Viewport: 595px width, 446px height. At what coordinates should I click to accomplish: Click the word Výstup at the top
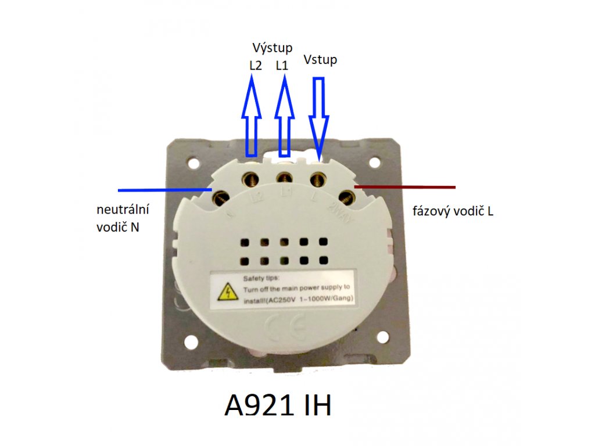coord(273,47)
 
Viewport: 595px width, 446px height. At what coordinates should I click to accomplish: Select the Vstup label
coord(320,60)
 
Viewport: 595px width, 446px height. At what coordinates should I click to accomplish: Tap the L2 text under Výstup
coord(255,66)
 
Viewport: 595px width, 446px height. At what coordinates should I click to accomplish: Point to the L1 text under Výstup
coord(282,66)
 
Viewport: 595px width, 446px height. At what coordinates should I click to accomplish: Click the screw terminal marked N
coord(221,198)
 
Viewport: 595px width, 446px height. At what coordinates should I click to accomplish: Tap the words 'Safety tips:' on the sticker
coord(257,278)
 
